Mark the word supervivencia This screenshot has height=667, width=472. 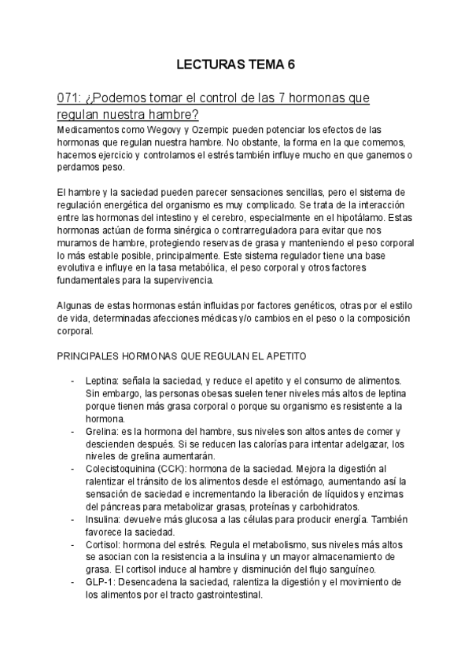[x=188, y=281]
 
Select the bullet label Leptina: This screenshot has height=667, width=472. [x=102, y=381]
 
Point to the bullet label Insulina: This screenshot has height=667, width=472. [x=105, y=520]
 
